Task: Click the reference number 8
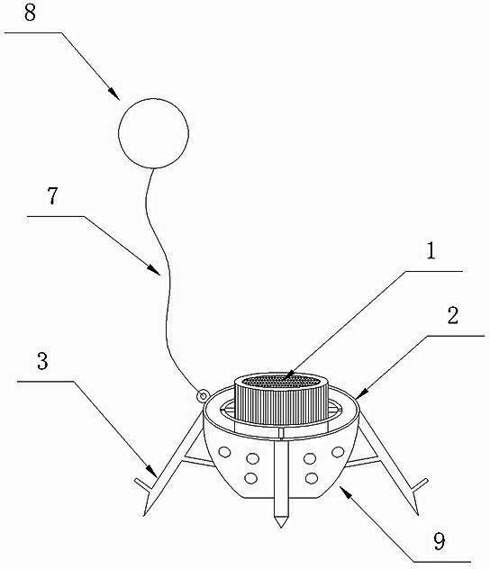[x=30, y=13]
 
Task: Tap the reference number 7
[x=53, y=196]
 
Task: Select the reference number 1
[x=431, y=251]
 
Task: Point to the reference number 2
[x=453, y=315]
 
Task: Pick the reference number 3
[x=43, y=361]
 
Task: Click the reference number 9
[x=440, y=541]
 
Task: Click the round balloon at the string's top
[x=153, y=133]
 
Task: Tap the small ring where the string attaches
[x=202, y=395]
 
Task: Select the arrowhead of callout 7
[x=154, y=270]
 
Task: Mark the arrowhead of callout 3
[x=152, y=471]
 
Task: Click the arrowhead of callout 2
[x=362, y=394]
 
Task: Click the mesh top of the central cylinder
[x=282, y=382]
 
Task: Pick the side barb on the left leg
[x=142, y=484]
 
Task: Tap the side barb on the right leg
[x=421, y=484]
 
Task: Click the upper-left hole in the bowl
[x=224, y=452]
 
